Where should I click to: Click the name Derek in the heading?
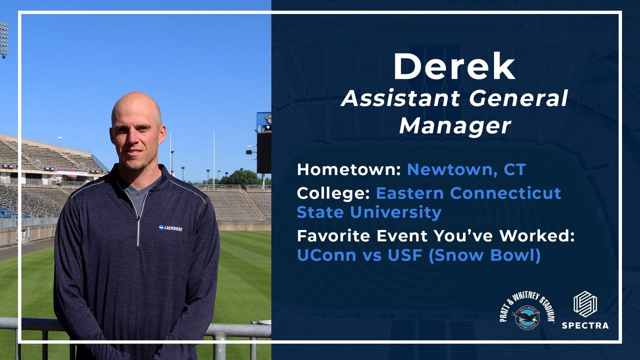(x=454, y=66)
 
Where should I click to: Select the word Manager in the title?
(x=455, y=125)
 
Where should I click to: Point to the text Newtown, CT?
(x=466, y=169)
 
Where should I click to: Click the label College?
(x=333, y=193)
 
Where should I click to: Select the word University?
(x=395, y=212)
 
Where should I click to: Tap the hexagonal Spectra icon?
(x=585, y=304)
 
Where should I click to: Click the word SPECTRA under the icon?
(x=585, y=325)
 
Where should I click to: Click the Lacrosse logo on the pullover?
(x=170, y=228)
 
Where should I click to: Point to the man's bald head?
(x=136, y=105)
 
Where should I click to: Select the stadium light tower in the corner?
(x=3, y=40)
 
